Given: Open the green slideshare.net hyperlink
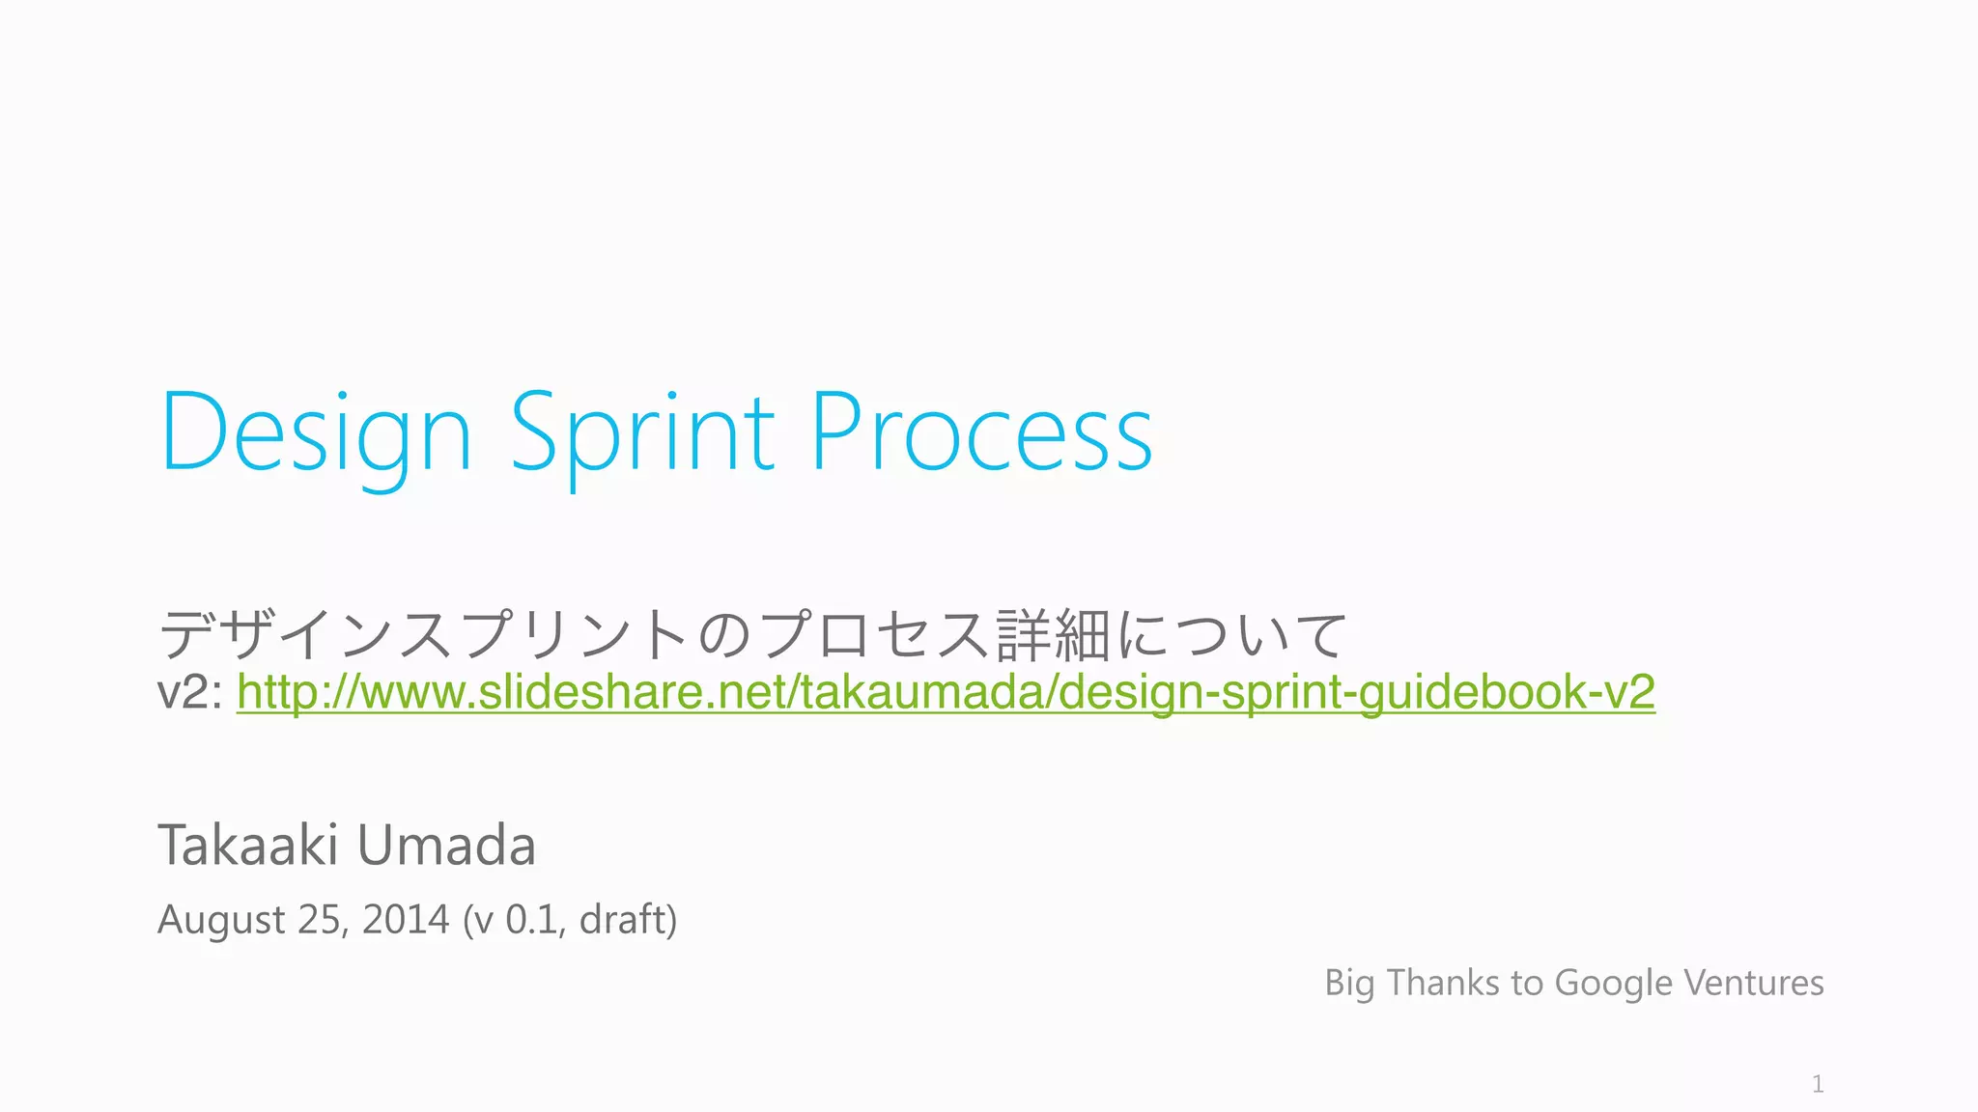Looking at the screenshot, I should (x=946, y=692).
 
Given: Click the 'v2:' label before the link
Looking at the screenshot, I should (x=190, y=693).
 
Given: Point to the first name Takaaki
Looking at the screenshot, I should (x=248, y=846).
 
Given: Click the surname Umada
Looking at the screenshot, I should (x=446, y=846).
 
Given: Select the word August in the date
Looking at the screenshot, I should (x=221, y=920).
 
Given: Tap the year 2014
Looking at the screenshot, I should (x=406, y=919).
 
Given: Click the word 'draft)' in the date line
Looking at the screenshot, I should (x=628, y=919).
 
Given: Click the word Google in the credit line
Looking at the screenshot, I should (x=1614, y=984).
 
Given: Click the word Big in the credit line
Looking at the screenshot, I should (x=1349, y=984).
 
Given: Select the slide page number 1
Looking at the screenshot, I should (x=1818, y=1084).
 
